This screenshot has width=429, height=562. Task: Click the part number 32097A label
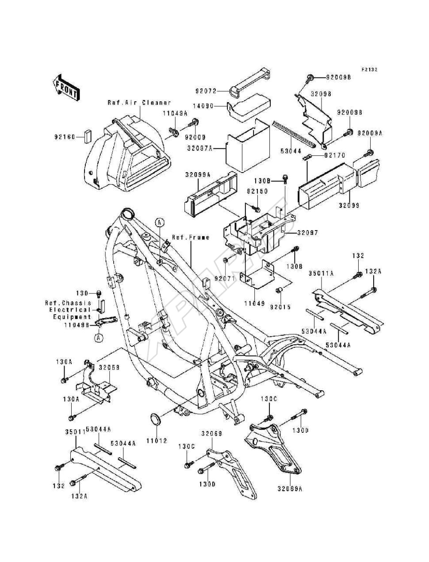199,149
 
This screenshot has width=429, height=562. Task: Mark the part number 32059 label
108,367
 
